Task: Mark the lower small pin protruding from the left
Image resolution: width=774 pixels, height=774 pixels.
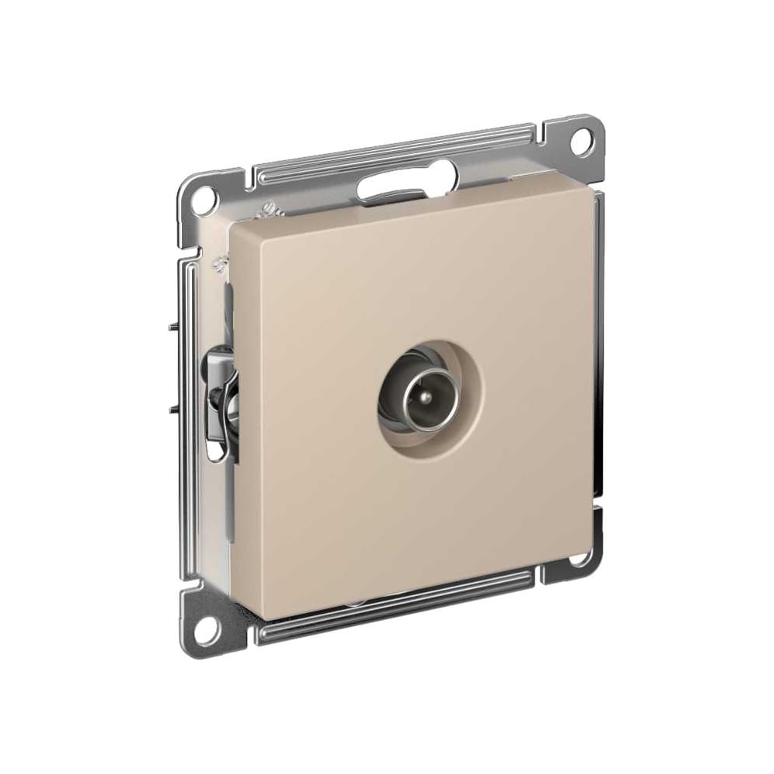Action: pyautogui.click(x=171, y=407)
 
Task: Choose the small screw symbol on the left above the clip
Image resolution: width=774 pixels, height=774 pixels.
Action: pyautogui.click(x=220, y=265)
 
